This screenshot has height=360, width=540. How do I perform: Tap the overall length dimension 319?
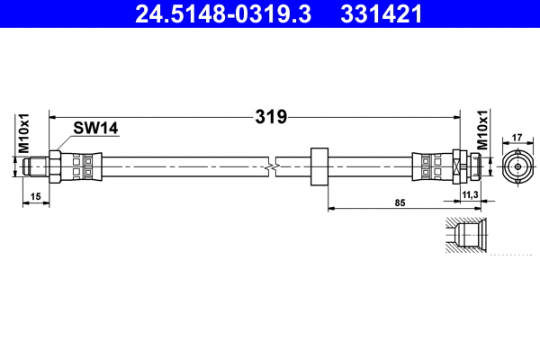270,116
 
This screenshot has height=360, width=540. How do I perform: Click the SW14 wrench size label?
96,130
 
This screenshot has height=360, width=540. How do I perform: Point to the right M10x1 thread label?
482,131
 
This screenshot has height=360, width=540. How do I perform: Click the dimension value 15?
35,194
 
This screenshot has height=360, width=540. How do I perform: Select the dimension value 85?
401,202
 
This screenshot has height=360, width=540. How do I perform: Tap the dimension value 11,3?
468,194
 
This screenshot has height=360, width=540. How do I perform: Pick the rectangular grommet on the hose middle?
319,166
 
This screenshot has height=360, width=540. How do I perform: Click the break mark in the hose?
272,166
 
